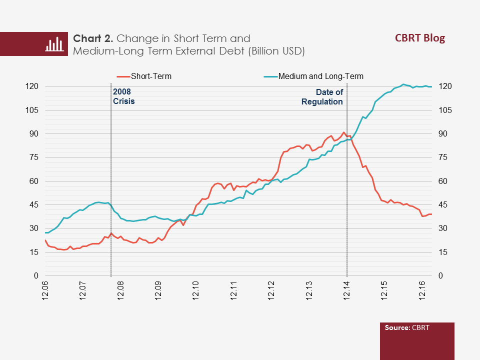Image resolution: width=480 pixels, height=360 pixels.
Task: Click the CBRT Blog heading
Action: pos(419,38)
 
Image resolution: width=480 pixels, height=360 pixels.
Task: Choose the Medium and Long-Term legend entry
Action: pos(320,76)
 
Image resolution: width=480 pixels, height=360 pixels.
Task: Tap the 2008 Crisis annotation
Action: pos(124,96)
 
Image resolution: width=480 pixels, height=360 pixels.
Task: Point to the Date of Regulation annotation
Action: pos(322,97)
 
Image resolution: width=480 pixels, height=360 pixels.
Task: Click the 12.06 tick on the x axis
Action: pos(45,290)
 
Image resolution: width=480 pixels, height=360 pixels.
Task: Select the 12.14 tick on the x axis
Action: pos(346,290)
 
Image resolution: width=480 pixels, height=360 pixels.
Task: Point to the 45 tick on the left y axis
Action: pos(34,205)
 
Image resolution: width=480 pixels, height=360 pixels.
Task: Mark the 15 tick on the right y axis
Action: pos(442,252)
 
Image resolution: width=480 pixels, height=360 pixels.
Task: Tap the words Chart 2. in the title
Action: pos(93,39)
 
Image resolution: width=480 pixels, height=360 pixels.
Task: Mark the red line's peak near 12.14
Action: pos(343,132)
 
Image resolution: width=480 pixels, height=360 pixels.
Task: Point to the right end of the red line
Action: pos(431,214)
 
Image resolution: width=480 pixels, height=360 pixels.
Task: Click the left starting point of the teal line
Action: pos(45,232)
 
